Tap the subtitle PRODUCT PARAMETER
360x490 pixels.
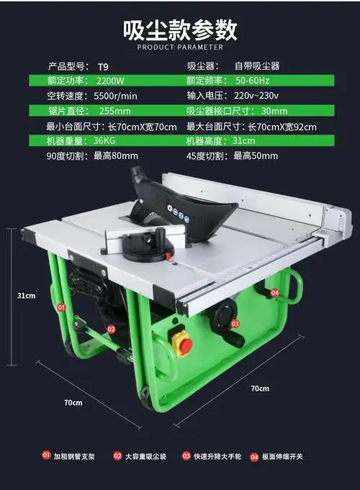point(179,47)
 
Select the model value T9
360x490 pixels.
point(103,66)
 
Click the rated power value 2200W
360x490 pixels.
point(109,81)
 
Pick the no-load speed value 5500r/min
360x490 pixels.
point(117,96)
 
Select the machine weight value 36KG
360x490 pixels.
point(104,141)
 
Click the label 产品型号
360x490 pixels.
point(67,66)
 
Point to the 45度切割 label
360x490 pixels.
point(207,155)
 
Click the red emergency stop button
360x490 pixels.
point(185,345)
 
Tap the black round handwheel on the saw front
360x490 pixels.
point(225,316)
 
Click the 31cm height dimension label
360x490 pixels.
point(27,296)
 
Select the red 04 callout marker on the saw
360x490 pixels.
point(275,293)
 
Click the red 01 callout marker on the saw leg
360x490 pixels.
point(61,307)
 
